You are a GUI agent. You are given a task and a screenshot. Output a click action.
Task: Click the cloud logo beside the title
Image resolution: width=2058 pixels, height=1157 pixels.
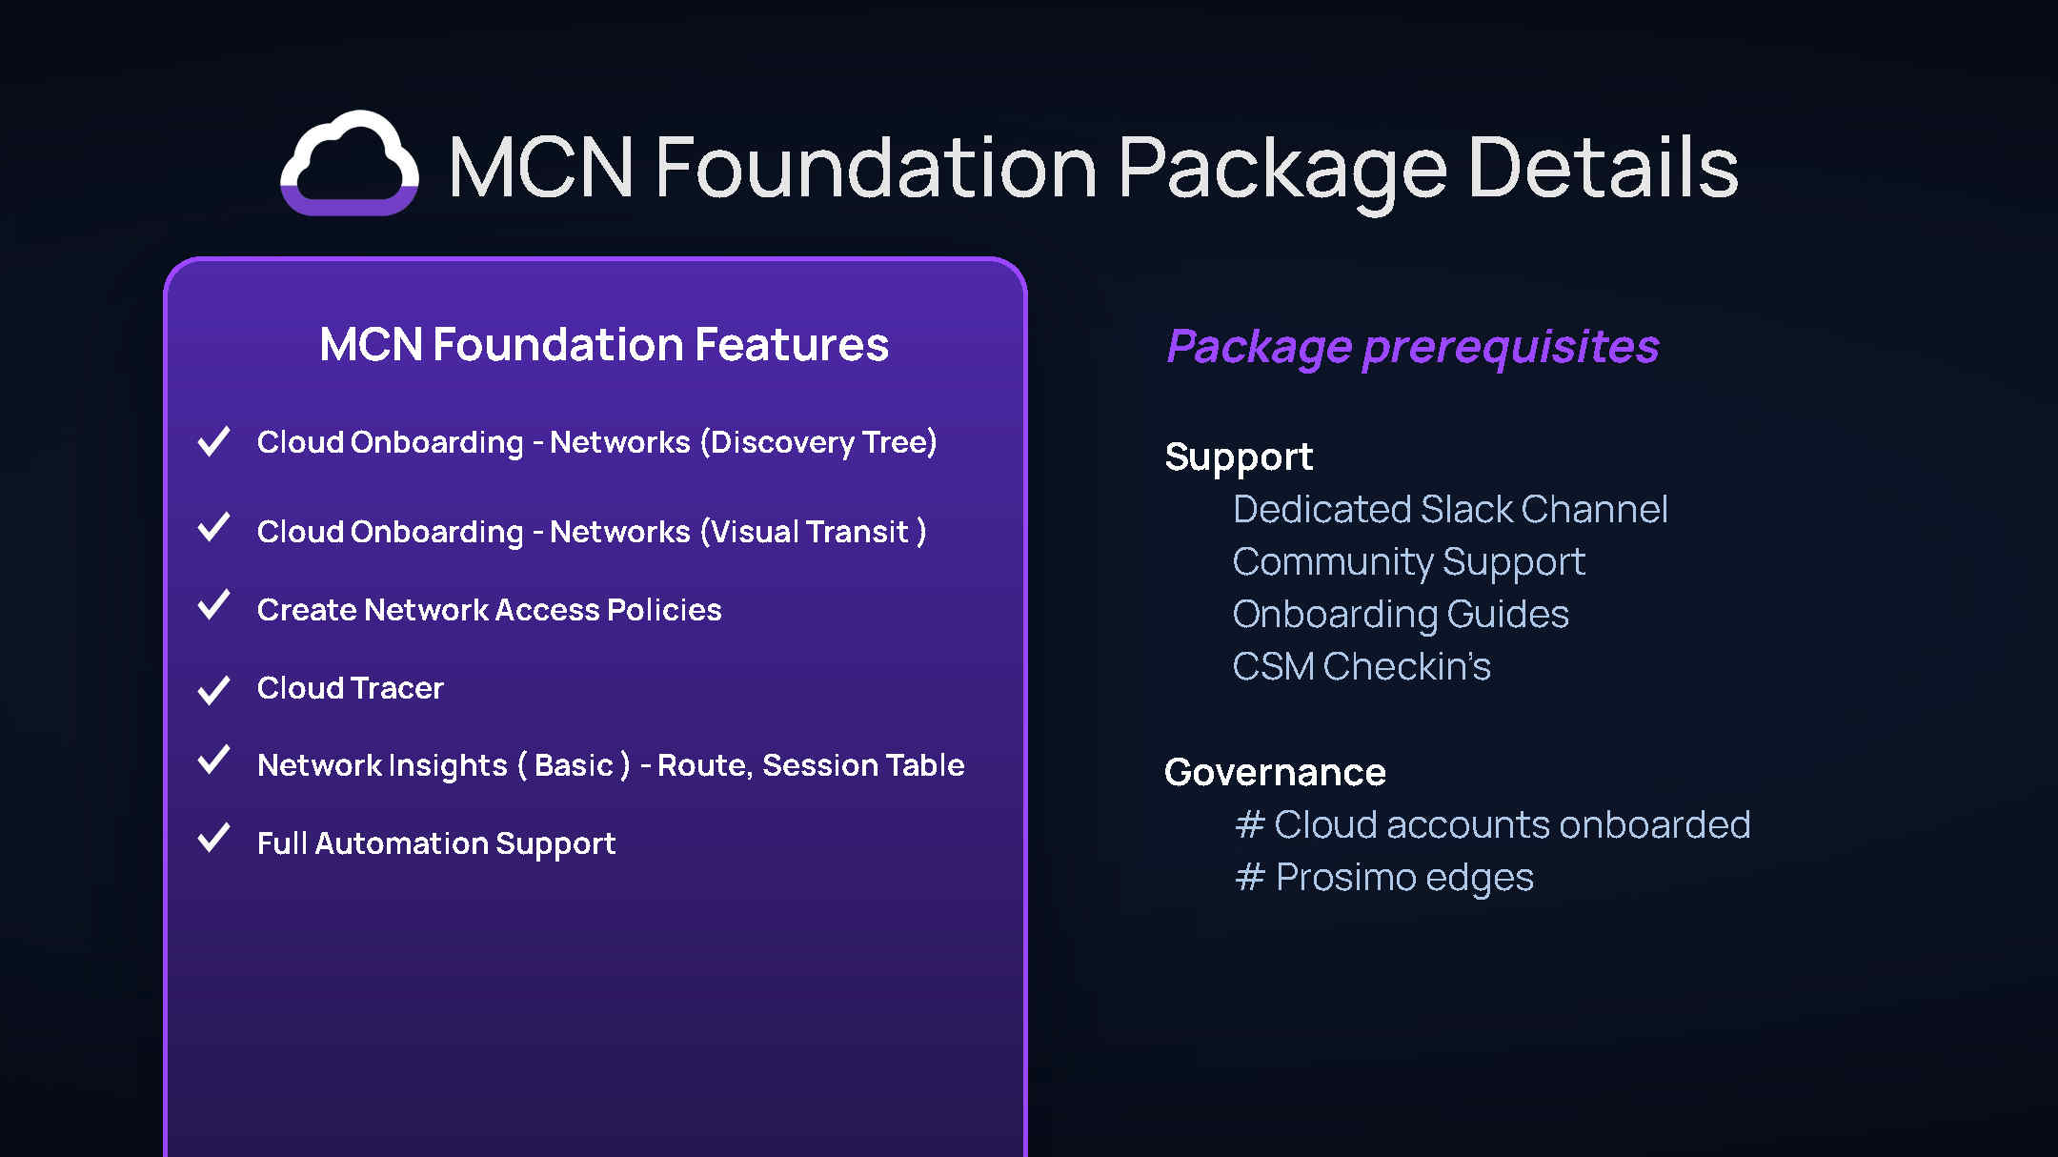click(349, 163)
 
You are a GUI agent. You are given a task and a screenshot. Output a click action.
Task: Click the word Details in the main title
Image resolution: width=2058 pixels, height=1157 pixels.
click(1604, 168)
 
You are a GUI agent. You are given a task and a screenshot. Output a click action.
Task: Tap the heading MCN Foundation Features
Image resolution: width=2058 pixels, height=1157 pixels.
click(604, 344)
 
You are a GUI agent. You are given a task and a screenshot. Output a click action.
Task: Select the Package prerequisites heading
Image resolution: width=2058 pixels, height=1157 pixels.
click(1412, 347)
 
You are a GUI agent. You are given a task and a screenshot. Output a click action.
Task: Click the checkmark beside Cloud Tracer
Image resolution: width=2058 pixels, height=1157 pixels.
click(213, 689)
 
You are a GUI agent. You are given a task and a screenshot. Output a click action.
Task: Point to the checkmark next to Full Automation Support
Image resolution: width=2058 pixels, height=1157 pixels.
click(213, 838)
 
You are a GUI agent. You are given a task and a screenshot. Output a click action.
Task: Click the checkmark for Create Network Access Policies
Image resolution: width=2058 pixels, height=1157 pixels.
click(213, 604)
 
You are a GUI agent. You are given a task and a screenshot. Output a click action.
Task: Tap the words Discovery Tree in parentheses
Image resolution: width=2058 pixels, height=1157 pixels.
click(818, 443)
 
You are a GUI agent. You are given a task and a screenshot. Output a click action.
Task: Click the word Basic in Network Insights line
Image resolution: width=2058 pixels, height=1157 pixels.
click(574, 765)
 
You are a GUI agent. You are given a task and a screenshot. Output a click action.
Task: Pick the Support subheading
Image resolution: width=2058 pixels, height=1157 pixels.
click(1239, 458)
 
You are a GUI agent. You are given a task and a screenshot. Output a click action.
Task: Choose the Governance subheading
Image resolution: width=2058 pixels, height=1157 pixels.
click(1275, 772)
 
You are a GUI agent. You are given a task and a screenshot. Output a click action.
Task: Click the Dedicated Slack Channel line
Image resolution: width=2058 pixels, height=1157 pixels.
click(1450, 509)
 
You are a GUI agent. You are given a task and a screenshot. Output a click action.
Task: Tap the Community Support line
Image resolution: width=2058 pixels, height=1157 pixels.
click(1409, 562)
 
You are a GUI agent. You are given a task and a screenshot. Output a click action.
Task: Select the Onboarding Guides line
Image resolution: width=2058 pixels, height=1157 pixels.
click(1401, 615)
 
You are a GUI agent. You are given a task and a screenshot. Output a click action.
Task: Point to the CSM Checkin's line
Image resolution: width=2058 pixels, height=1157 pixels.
click(1362, 666)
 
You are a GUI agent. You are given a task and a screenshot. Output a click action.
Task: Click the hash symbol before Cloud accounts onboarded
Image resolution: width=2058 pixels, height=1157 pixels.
click(1250, 824)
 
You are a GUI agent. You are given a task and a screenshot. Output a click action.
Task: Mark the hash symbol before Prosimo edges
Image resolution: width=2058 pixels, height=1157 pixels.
click(1250, 877)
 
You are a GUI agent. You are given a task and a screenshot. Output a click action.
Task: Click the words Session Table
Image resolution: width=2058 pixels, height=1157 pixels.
click(863, 765)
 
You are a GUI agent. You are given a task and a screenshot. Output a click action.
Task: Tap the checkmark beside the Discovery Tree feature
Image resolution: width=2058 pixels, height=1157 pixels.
click(213, 440)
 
